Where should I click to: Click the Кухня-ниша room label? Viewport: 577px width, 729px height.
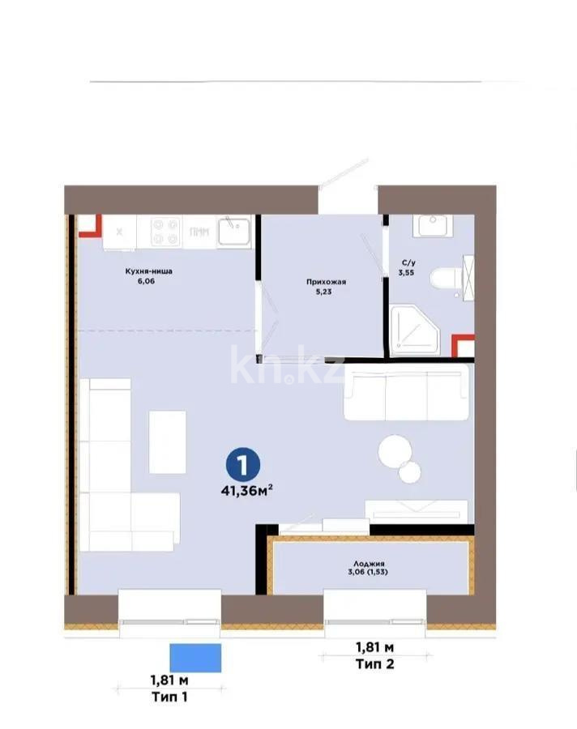147,272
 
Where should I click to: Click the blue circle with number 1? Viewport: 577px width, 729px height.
241,465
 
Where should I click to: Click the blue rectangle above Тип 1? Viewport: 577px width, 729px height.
194,658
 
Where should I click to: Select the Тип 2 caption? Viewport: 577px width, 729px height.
374,665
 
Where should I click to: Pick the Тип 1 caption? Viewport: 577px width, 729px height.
169,697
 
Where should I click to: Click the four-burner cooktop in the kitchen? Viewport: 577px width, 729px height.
165,231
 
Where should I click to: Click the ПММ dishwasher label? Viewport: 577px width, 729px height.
198,232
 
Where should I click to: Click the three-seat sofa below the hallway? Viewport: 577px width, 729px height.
407,392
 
